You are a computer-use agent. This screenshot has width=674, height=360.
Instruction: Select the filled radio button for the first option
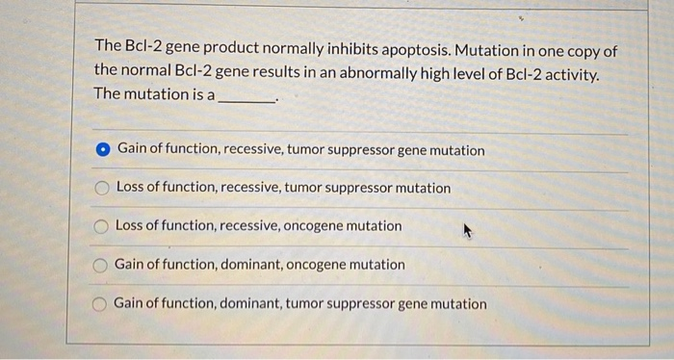[103, 150]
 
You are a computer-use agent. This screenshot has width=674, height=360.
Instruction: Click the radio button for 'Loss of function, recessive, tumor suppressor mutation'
[102, 189]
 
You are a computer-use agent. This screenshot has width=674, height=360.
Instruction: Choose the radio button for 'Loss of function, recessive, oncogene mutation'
[101, 226]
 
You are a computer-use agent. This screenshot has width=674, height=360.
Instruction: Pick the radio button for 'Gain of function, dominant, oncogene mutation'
[100, 265]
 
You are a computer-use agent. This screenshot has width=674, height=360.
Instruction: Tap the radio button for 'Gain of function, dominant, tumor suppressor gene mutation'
[99, 304]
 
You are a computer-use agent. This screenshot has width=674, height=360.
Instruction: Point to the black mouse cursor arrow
[468, 231]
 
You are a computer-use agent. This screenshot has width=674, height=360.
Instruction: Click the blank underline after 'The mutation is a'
[247, 96]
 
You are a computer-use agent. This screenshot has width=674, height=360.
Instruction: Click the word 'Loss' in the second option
[131, 189]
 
